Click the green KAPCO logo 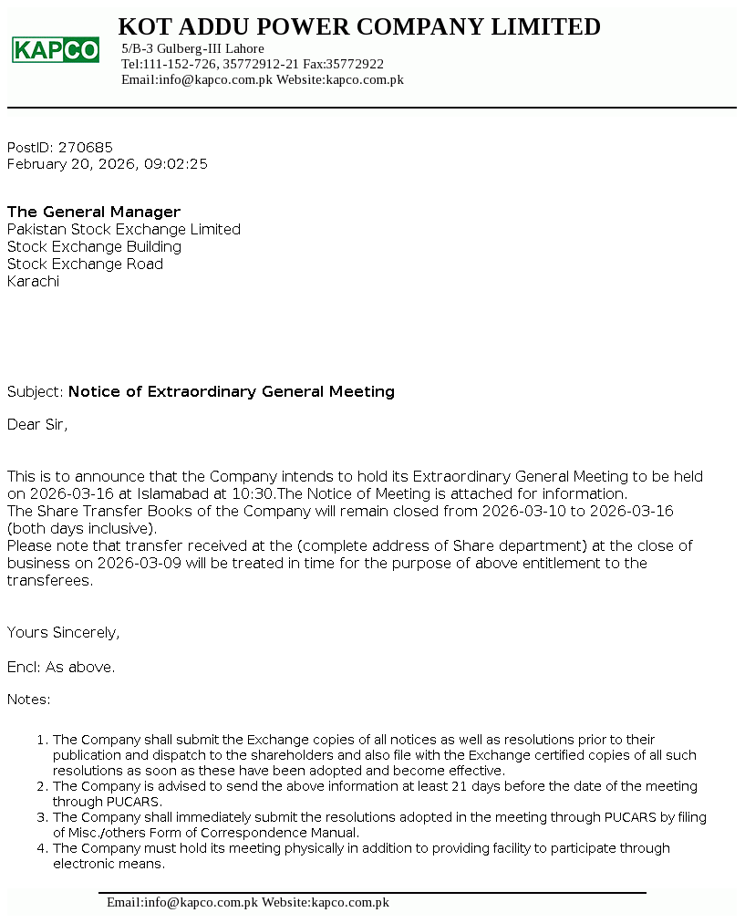56,49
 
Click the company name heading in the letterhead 359,27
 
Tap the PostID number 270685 86,147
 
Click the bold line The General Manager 94,212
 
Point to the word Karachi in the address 33,281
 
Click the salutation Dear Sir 37,424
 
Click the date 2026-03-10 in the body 524,511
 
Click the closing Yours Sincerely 63,632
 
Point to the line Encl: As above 61,667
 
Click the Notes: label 29,700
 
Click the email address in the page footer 182,902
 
